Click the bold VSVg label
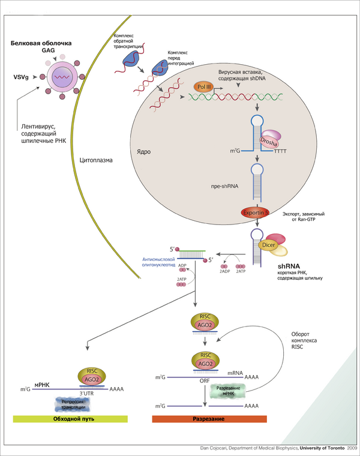pos(21,77)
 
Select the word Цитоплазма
pos(96,160)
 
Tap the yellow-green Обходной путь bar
pos(71,418)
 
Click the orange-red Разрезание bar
pos(206,418)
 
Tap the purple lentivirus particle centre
pos(62,77)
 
